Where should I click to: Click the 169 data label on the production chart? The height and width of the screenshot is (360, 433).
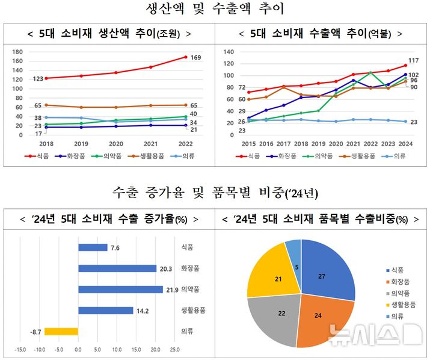(195, 58)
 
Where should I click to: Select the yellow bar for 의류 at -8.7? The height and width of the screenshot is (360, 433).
(61, 331)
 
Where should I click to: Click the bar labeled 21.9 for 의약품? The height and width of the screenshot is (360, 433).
(120, 290)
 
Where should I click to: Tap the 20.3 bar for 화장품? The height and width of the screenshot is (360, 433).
(117, 268)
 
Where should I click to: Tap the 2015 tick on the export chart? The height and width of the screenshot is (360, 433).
(248, 144)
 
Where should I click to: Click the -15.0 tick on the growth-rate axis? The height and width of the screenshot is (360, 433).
(19, 349)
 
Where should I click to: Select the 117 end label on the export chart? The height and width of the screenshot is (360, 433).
(413, 60)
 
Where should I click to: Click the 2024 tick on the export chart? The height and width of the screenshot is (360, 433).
(406, 144)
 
